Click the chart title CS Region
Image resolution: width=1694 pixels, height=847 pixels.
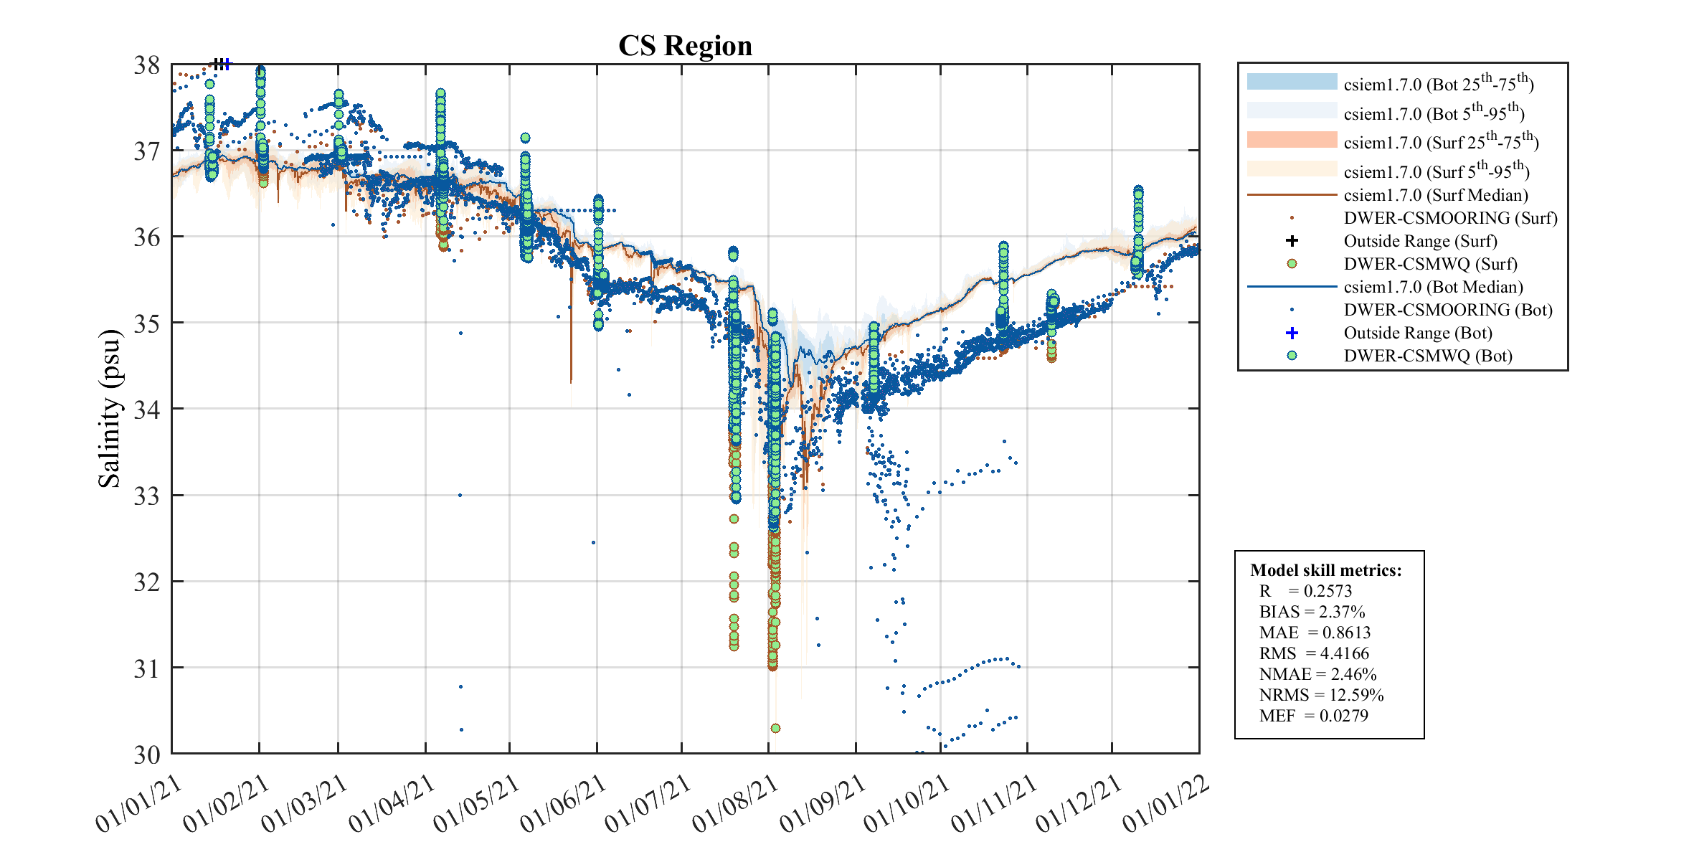pos(685,46)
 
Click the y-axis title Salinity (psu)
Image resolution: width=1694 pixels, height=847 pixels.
pos(109,408)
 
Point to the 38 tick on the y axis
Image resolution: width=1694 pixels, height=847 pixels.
pos(147,65)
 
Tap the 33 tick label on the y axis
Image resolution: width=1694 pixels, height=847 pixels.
pos(147,496)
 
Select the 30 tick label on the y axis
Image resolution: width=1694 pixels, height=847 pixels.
pos(147,754)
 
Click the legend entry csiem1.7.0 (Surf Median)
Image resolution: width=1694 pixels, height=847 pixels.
pos(1435,195)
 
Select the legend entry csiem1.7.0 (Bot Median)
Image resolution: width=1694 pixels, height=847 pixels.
pos(1433,287)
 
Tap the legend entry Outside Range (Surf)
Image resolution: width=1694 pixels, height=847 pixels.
pos(1420,241)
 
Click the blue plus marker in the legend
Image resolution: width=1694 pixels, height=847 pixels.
pos(1292,333)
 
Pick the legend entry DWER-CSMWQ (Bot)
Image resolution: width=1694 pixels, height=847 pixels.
pos(1427,356)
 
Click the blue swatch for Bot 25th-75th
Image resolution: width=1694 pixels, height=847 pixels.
pos(1292,82)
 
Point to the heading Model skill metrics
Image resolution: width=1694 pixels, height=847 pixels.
pos(1325,570)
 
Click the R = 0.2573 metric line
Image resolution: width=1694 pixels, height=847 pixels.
pos(1305,591)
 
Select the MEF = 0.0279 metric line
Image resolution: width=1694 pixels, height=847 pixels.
pos(1313,716)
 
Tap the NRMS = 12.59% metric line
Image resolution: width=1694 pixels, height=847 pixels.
pos(1321,695)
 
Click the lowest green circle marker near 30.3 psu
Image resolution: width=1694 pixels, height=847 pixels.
pos(775,728)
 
